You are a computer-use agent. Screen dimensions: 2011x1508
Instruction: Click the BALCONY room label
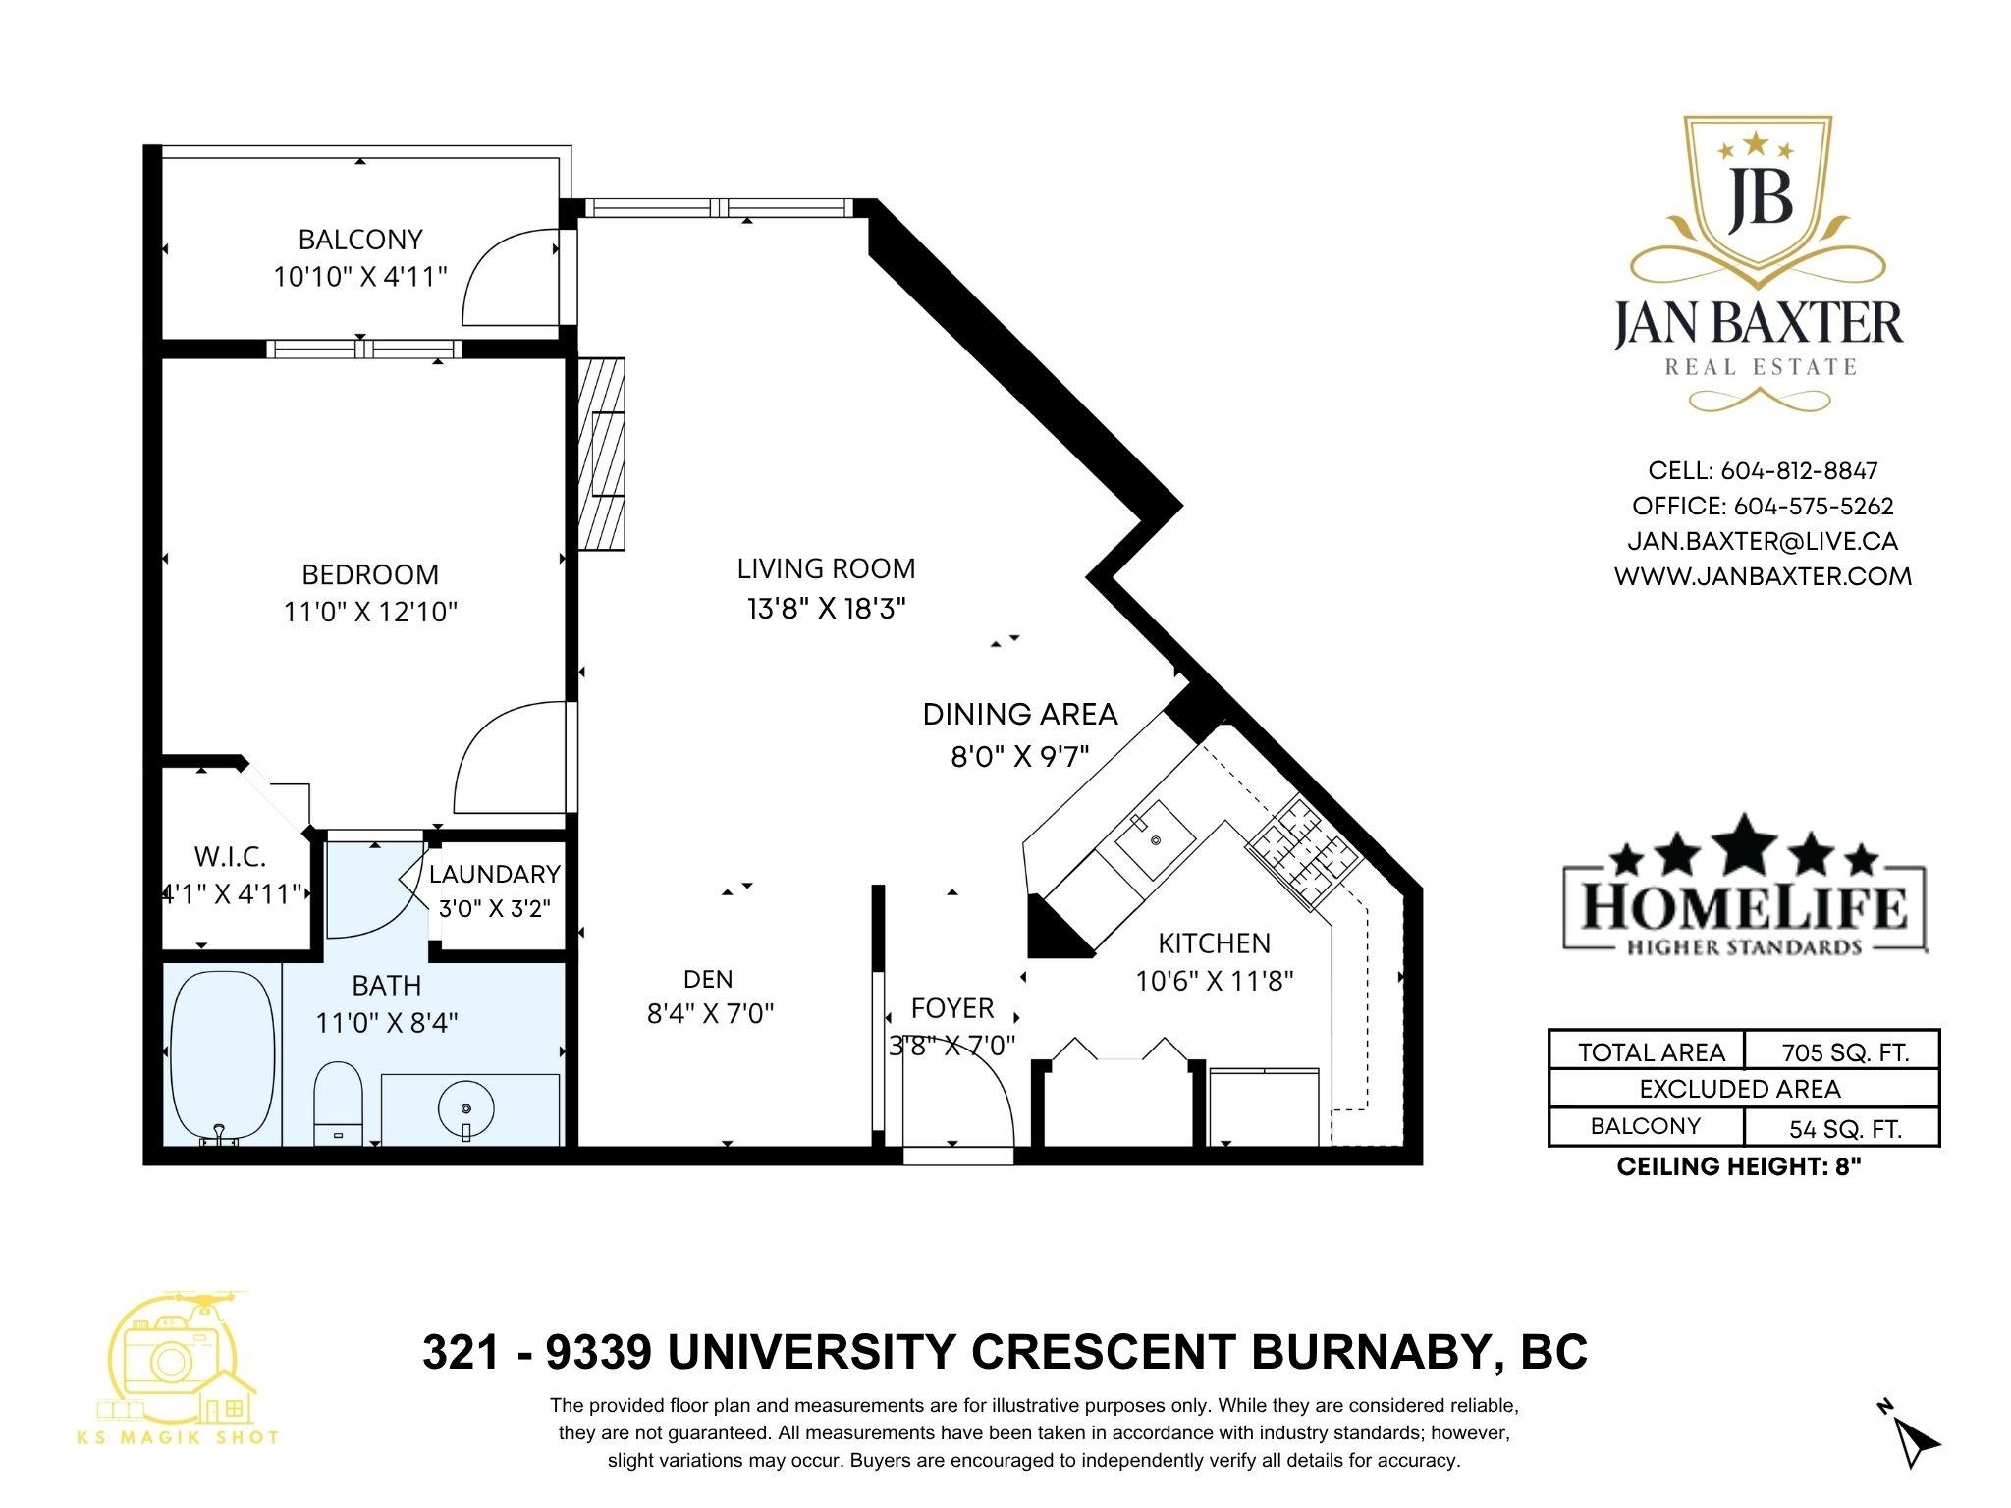coord(360,240)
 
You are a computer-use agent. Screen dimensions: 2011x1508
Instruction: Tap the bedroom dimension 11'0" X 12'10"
coord(371,613)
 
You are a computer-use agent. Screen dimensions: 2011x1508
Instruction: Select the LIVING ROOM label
coord(826,568)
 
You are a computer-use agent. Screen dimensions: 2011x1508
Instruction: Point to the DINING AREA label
coord(1020,714)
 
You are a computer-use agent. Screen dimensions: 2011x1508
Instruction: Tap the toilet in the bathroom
coord(338,1104)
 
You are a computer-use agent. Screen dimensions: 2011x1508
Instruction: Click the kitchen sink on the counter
coord(1155,840)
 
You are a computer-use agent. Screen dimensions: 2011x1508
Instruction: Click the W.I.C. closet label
coord(230,857)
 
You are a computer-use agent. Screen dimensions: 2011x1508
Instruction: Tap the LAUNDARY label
coord(494,874)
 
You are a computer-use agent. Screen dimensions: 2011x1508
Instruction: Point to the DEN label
coord(708,979)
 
